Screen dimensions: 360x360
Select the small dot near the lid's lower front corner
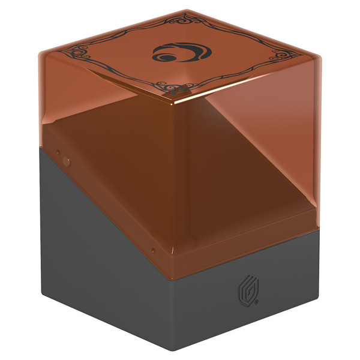154,250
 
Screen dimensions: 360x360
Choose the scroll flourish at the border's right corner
283,57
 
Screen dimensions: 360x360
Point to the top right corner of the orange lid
318,57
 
